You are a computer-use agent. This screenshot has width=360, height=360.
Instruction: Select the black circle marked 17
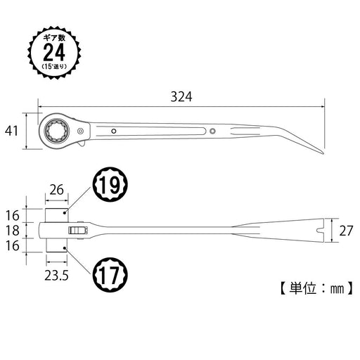tap(110, 274)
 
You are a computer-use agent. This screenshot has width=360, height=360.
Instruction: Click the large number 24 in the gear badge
tap(53, 52)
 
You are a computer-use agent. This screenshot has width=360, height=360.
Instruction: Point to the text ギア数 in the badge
tap(53, 34)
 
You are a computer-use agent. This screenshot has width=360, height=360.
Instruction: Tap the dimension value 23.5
tap(56, 276)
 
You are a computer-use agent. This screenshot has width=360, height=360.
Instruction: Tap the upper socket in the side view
tap(57, 214)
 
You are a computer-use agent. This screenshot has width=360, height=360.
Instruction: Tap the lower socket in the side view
tap(57, 244)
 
